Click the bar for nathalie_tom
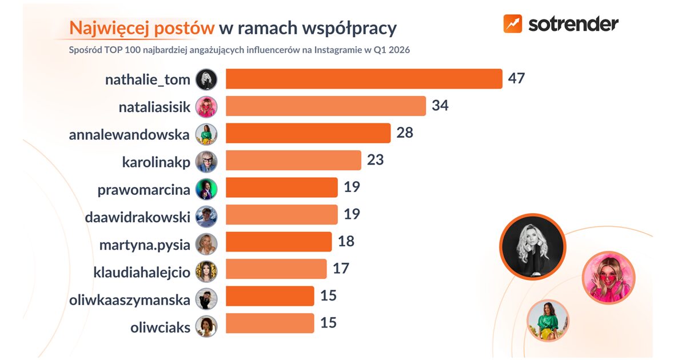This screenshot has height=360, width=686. [364, 79]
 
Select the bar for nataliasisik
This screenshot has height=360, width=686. [326, 106]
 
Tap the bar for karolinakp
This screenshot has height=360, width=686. [293, 161]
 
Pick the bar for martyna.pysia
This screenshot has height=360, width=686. [278, 242]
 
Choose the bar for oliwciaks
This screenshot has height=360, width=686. [270, 323]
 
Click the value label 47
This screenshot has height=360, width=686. [516, 79]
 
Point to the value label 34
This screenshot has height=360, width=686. [440, 106]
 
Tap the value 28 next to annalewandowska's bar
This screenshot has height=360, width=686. [404, 133]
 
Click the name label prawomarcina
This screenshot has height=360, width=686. [143, 189]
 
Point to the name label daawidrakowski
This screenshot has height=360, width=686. [137, 217]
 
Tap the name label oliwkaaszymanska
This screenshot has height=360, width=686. [129, 298]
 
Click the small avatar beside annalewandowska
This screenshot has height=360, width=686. [206, 134]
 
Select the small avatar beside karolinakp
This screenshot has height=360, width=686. [206, 162]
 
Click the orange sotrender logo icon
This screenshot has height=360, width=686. [512, 23]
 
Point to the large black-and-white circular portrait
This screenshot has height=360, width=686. [532, 247]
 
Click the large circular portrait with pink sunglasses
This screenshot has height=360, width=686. [608, 278]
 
